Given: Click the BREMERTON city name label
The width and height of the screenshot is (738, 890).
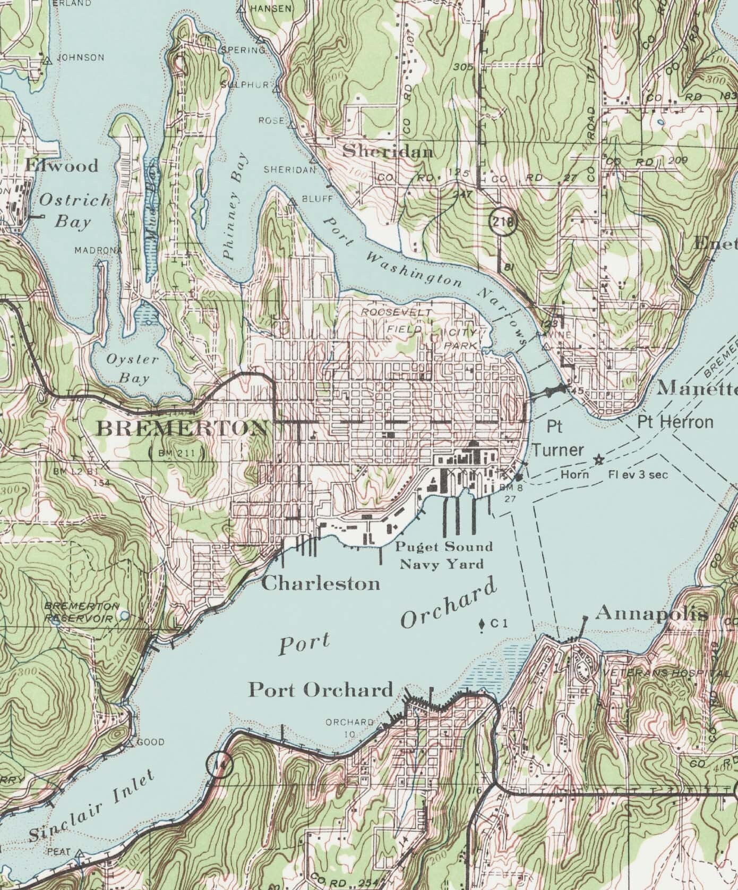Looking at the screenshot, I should tap(183, 428).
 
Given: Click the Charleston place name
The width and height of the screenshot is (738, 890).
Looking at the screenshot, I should tap(321, 584).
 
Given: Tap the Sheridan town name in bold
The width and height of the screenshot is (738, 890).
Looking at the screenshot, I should tap(388, 152).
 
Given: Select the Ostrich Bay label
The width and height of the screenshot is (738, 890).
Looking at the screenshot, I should tap(75, 210).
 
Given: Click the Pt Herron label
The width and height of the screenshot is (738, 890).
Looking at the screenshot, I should tap(675, 422).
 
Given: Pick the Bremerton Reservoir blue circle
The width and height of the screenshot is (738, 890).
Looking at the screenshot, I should tap(125, 615).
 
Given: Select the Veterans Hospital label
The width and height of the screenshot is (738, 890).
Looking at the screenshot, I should tap(666, 673).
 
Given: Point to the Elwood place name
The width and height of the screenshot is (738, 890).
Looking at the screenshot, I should tap(62, 165).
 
